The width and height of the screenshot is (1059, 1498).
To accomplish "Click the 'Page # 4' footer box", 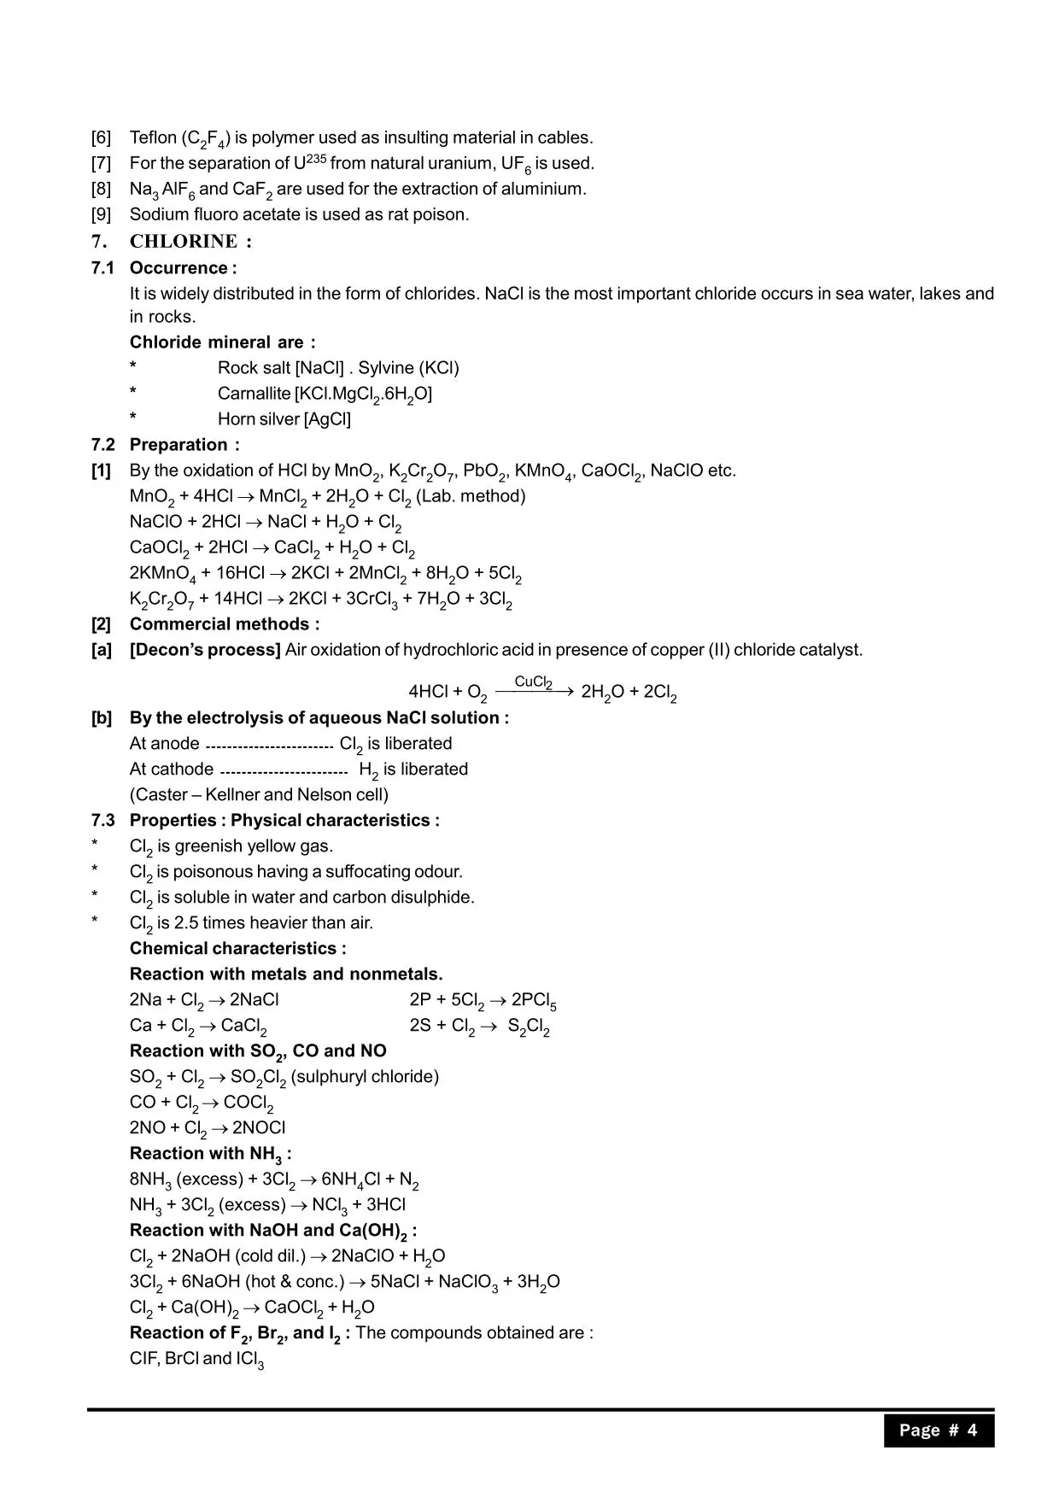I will coord(938,1431).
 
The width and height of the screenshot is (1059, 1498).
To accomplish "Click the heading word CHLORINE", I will coord(183,242).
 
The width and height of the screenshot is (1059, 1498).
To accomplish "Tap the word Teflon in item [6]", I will coord(153,138).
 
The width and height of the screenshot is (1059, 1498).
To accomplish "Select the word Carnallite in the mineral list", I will coord(254,394).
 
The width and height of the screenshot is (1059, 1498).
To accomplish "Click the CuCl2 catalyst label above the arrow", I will coord(533,682).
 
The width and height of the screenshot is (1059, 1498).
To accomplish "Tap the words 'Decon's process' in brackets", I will coord(205,650).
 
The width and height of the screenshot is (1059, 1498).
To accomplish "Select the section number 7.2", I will coord(102,445).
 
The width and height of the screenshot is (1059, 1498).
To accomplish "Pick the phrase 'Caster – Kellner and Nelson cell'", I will coord(259,795).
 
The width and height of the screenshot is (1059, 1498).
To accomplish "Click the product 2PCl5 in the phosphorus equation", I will coord(534,1001).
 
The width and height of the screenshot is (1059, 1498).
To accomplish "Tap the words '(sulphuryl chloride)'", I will coord(365,1077).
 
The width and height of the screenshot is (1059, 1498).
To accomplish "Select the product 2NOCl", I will coord(259,1128).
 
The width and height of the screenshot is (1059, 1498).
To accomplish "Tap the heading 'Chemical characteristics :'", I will coord(237,949).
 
